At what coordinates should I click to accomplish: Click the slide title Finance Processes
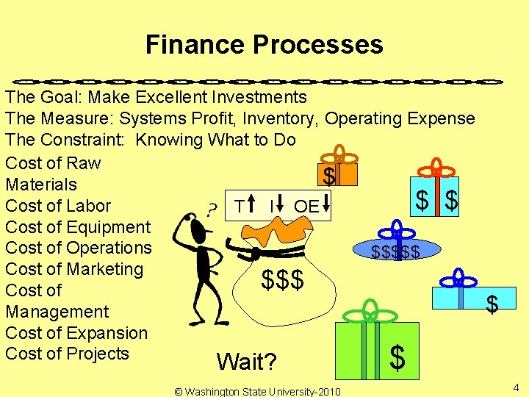click(x=264, y=44)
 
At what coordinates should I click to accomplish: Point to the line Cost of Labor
click(x=57, y=206)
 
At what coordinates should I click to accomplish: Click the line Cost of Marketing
click(x=73, y=269)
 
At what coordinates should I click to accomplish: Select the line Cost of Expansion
click(x=76, y=332)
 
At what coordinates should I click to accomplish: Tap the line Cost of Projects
click(x=67, y=354)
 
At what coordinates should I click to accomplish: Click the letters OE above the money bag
click(x=306, y=207)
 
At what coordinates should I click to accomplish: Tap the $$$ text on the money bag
click(x=283, y=280)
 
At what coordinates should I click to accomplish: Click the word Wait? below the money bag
click(x=247, y=362)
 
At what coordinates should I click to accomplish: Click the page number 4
click(x=516, y=387)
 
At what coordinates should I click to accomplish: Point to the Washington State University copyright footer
click(x=257, y=391)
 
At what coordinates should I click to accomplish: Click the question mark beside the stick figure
click(x=212, y=210)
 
